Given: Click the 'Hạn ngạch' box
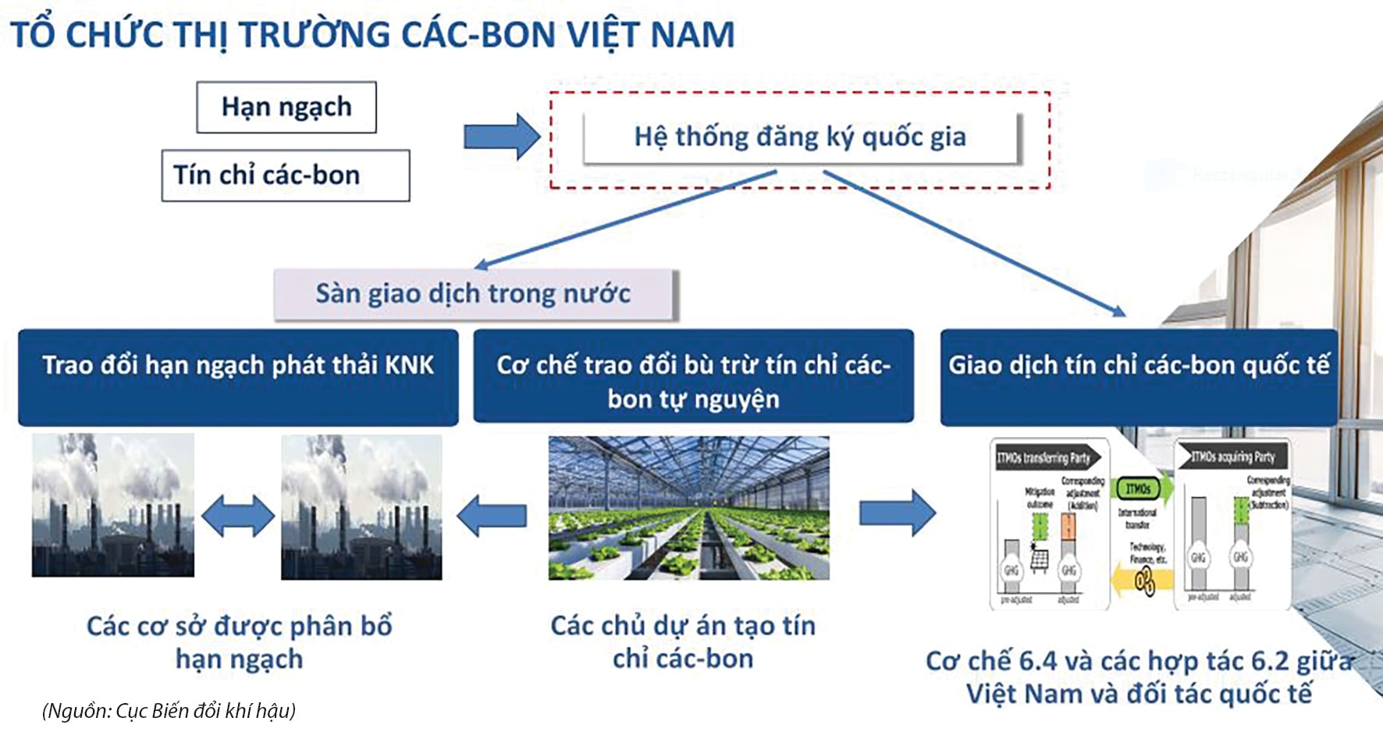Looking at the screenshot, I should tap(286, 107).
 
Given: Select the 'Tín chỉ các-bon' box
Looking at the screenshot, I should tap(285, 176).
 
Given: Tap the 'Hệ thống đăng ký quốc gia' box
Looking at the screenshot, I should tap(800, 137).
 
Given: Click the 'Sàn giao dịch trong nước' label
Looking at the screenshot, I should tap(473, 294).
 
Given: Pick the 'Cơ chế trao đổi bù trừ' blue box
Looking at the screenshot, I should tap(693, 377).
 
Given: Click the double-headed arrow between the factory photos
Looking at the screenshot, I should tap(238, 517).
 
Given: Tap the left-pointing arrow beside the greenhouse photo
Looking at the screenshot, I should tap(492, 516).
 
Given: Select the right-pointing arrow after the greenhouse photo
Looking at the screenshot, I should tap(898, 513).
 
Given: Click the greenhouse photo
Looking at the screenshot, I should tap(688, 508).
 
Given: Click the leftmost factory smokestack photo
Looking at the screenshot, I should tap(113, 506).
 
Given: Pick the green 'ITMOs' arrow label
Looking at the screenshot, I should tap(1139, 489).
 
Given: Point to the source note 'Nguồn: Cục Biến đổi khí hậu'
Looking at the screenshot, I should tap(169, 711).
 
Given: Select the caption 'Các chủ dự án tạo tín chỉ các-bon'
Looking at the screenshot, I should tap(683, 642).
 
